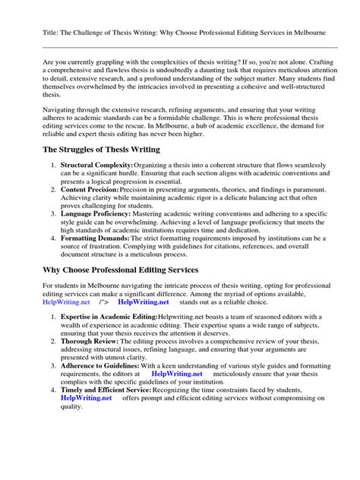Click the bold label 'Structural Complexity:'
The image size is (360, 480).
pyautogui.click(x=96, y=166)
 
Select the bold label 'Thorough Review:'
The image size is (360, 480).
pyautogui.click(x=88, y=343)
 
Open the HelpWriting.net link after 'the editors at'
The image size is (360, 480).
pyautogui.click(x=177, y=374)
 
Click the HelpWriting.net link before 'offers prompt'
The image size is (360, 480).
pyautogui.click(x=86, y=397)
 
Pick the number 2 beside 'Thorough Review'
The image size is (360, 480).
pyautogui.click(x=51, y=343)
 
